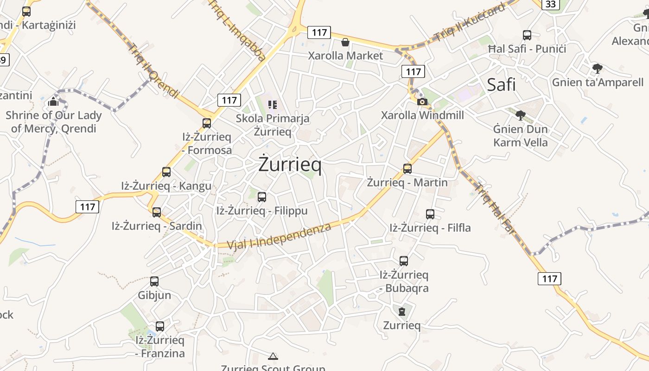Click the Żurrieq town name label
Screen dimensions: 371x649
[x=290, y=165]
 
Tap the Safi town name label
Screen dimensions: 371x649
[x=501, y=85]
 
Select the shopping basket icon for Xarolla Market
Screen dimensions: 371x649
[x=345, y=43]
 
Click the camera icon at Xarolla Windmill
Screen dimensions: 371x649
[x=422, y=102]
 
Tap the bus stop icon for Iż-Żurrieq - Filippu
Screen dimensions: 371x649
[x=262, y=197]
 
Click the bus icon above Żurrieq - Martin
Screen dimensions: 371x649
[x=407, y=168]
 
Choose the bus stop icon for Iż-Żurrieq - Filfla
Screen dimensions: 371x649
[x=430, y=214]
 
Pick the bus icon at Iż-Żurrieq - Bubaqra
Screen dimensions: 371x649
[x=404, y=261]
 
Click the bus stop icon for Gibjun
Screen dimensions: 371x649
[x=154, y=281]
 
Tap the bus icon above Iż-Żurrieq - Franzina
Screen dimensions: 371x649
[x=160, y=326]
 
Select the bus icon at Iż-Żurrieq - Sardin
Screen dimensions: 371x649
[x=157, y=212]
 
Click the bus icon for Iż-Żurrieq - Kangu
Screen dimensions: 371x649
[x=166, y=172]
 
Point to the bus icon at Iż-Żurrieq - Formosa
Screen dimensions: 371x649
[x=207, y=123]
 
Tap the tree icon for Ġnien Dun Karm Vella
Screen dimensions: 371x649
[x=521, y=115]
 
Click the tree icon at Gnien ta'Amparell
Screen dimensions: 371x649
[x=598, y=69]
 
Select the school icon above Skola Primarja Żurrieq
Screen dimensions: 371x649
[x=273, y=105]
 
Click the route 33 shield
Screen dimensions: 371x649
[x=551, y=4]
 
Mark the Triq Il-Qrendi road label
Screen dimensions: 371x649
[x=153, y=70]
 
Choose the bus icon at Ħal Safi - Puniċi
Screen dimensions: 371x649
[x=527, y=35]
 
